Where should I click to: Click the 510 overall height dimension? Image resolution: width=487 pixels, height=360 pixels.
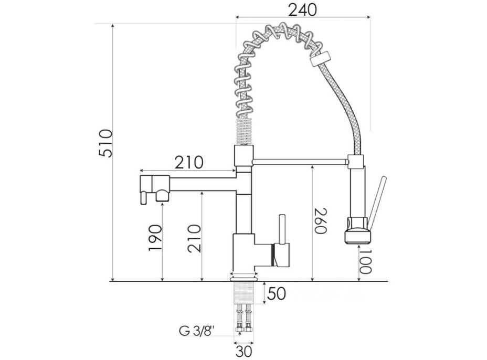(105, 143)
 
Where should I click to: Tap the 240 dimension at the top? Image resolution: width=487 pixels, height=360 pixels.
(302, 10)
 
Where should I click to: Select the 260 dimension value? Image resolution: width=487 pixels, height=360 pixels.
(321, 221)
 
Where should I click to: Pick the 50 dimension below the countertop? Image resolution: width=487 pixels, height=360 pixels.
(276, 293)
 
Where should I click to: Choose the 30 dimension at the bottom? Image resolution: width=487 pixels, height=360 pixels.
(244, 352)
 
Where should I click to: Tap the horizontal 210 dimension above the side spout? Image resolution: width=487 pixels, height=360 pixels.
(189, 162)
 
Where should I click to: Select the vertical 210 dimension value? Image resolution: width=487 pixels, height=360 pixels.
(195, 238)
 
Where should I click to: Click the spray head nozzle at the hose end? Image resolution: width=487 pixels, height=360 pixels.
(357, 231)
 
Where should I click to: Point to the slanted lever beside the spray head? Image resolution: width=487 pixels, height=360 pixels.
(376, 203)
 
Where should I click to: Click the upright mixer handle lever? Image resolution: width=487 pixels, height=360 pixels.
(282, 229)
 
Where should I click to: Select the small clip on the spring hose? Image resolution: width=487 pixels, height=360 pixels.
(321, 58)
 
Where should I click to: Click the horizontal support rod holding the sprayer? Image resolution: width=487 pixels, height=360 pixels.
(300, 162)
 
